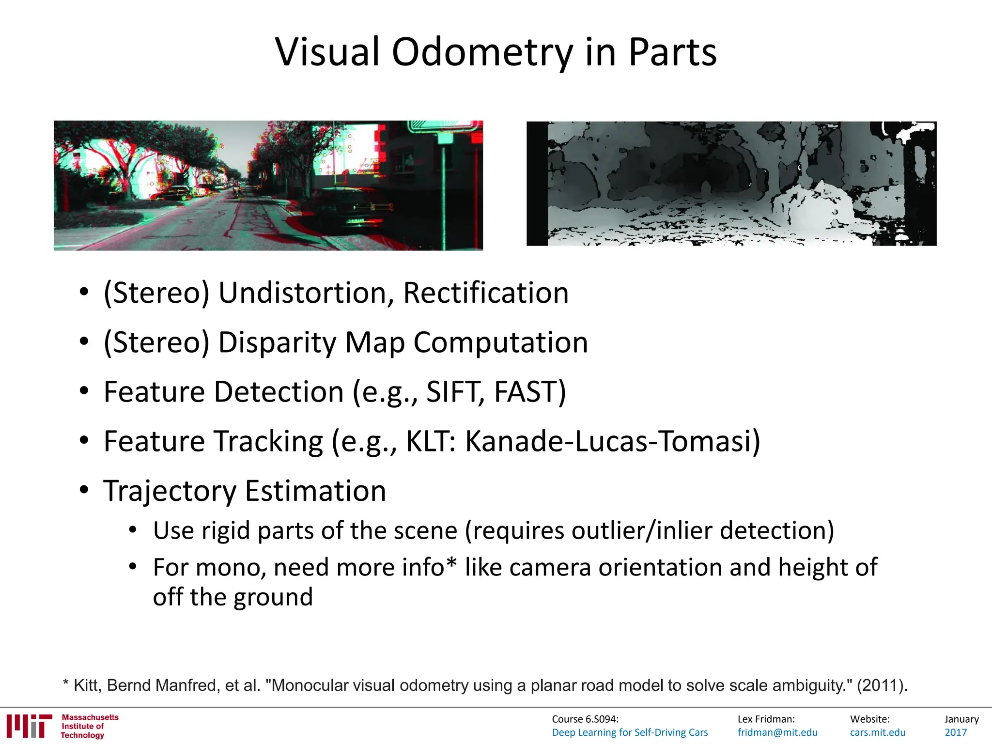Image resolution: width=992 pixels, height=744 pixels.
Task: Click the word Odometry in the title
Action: coord(481,52)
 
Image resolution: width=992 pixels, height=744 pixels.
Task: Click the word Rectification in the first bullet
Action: coord(485,293)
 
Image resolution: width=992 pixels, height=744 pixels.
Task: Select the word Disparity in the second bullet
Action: coord(277,342)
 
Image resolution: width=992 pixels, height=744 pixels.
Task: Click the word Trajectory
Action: coord(170,491)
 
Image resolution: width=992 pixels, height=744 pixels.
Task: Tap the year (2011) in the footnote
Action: coord(881,685)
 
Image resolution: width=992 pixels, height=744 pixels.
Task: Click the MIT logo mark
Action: coord(29,726)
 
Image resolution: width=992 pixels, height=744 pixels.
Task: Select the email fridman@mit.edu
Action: coord(777,732)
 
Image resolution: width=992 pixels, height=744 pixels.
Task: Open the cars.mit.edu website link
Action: coord(877,732)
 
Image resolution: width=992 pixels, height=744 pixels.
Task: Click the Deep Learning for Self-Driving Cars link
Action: coord(629,732)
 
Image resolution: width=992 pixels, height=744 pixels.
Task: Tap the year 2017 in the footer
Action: coord(955,732)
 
